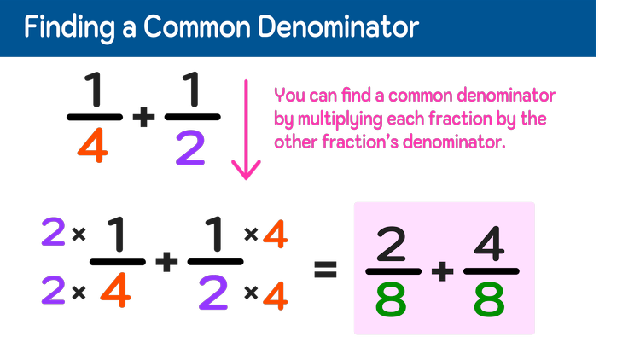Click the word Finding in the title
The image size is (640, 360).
pyautogui.click(x=62, y=27)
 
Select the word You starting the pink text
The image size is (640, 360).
pyautogui.click(x=288, y=96)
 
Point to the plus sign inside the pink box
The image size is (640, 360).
pyautogui.click(x=441, y=271)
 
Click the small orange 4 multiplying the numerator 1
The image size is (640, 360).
pyautogui.click(x=273, y=236)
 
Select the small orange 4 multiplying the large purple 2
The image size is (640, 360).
pyautogui.click(x=275, y=295)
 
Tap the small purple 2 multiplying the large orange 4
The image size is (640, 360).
pyautogui.click(x=53, y=292)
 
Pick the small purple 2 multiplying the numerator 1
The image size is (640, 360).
pyautogui.click(x=53, y=231)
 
